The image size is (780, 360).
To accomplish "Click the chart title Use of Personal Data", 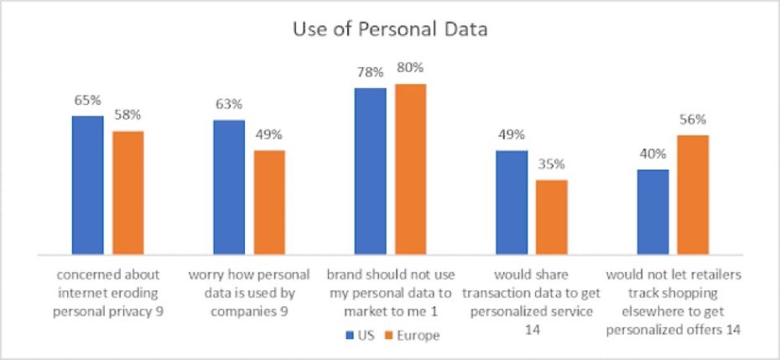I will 390,30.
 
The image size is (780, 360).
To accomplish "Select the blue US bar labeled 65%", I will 88,185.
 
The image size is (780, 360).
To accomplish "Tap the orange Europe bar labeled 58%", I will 128,192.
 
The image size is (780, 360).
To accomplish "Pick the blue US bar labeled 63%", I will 229,186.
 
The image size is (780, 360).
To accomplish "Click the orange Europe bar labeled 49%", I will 269,201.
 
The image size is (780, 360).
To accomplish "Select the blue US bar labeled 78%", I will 370,170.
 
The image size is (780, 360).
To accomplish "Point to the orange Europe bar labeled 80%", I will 410,169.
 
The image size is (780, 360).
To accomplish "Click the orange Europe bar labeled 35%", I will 552,217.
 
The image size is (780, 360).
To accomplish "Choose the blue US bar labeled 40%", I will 653,211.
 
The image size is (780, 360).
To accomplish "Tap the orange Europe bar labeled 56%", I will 693,194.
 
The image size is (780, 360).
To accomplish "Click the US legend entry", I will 357,335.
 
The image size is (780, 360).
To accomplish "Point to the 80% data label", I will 411,67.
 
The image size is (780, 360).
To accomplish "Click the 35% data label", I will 552,164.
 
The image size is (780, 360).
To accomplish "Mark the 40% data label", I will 653,154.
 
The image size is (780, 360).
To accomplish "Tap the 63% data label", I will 229,104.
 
